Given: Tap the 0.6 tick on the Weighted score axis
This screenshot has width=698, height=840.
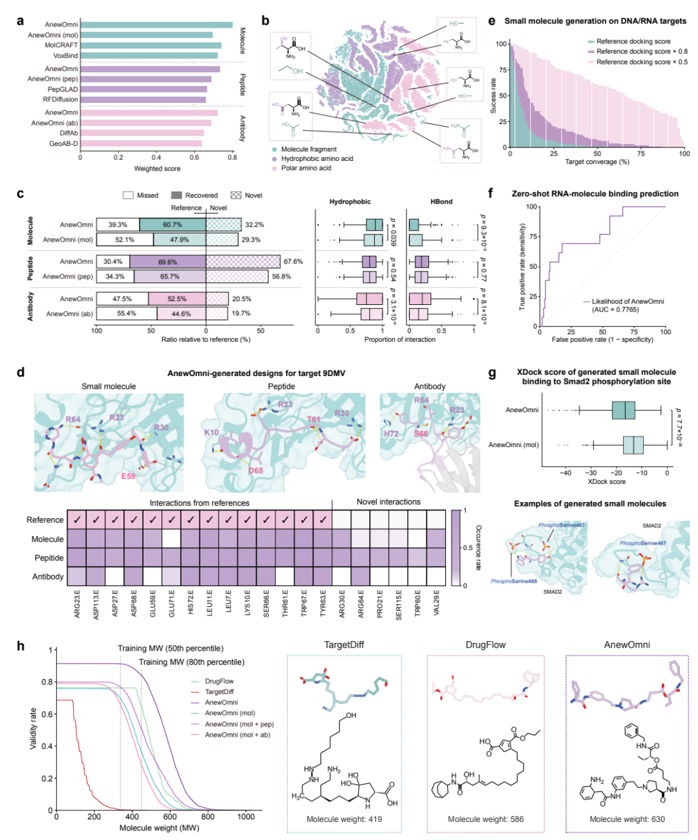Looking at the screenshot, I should [195, 157].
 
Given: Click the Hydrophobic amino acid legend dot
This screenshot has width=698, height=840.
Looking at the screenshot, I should [275, 158].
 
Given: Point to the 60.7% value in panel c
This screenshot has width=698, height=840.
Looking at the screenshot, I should [173, 225].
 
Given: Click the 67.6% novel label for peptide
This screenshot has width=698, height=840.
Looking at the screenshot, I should [293, 262].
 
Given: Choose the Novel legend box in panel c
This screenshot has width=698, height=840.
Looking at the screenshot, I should [235, 195].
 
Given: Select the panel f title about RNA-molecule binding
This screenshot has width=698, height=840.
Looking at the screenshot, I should [595, 193].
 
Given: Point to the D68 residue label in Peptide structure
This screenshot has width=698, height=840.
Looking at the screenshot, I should [255, 470].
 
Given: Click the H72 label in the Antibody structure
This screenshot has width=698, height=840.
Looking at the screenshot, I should [391, 434].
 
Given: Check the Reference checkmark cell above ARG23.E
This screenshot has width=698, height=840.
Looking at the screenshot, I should [77, 520].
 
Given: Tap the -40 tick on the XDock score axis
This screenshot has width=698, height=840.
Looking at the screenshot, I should [566, 473].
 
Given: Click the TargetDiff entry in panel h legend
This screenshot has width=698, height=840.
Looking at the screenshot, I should [219, 691].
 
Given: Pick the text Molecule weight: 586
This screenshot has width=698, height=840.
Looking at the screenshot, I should [485, 819].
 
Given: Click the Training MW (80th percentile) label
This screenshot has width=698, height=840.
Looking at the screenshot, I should [191, 662].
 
